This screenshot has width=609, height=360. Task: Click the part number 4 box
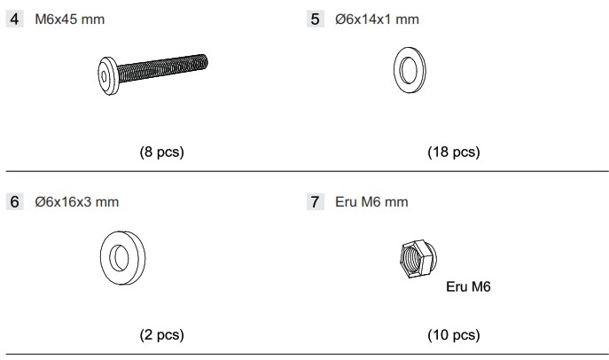tap(15, 19)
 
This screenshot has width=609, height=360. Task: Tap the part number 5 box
tap(315, 19)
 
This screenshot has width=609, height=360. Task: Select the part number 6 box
tap(15, 202)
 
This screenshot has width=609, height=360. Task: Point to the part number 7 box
tap(315, 202)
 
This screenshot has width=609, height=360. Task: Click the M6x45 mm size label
tap(70, 20)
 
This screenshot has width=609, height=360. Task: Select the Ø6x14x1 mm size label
tap(377, 20)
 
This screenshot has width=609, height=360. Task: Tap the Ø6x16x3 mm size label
tap(77, 202)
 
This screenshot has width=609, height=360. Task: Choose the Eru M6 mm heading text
tap(371, 202)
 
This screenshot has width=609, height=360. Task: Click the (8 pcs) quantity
tap(161, 152)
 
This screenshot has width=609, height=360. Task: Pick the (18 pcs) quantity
tap(454, 152)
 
